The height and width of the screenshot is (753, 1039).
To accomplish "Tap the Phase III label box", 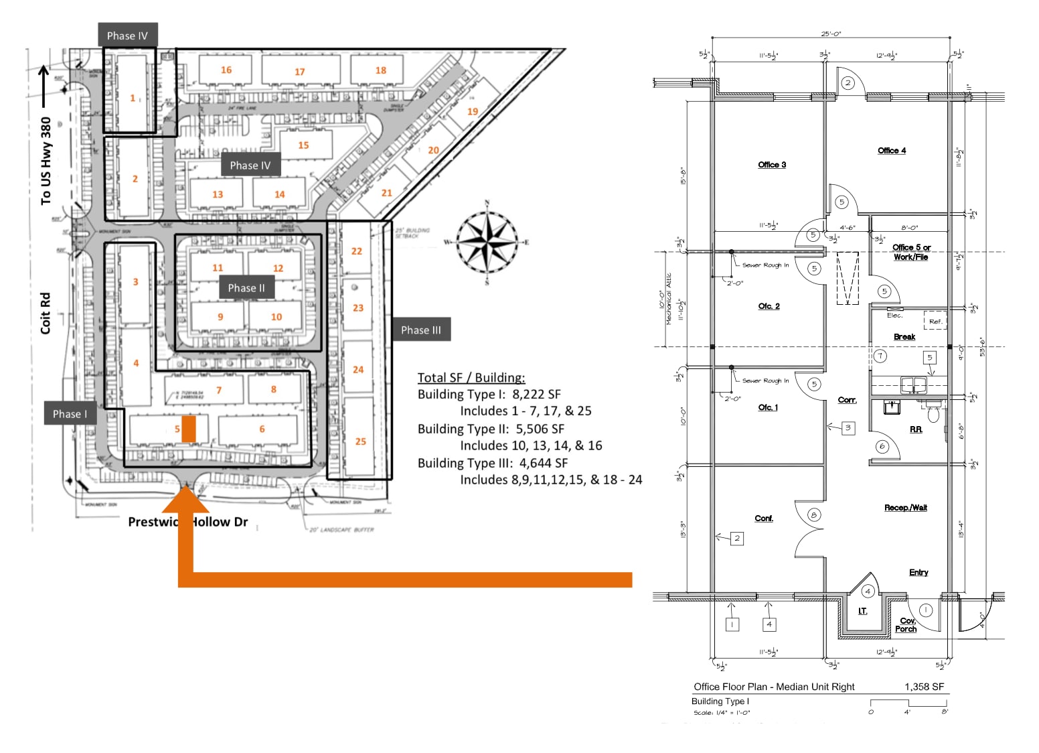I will pyautogui.click(x=420, y=330).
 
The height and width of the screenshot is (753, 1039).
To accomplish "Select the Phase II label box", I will pyautogui.click(x=246, y=288).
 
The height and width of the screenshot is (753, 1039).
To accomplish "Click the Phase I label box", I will pyautogui.click(x=70, y=414).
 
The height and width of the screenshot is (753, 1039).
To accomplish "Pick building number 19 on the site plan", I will pyautogui.click(x=473, y=111).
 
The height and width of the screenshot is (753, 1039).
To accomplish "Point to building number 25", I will pyautogui.click(x=361, y=441).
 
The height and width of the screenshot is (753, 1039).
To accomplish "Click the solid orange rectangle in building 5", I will pyautogui.click(x=189, y=429).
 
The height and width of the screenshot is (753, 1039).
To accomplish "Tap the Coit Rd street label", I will pyautogui.click(x=46, y=314).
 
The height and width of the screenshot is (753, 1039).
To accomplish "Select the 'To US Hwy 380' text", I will pyautogui.click(x=46, y=161).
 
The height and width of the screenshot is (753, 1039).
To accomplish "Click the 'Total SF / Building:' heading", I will pyautogui.click(x=471, y=378).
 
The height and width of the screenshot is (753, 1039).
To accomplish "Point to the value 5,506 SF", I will pyautogui.click(x=540, y=429).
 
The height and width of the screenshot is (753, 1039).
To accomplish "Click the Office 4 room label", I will pyautogui.click(x=892, y=151).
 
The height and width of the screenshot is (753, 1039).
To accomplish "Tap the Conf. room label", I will pyautogui.click(x=764, y=519).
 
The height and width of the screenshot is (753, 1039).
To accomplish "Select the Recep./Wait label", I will pyautogui.click(x=905, y=508).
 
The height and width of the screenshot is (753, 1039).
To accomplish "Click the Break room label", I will pyautogui.click(x=904, y=337).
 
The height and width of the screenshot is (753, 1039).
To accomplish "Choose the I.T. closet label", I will pyautogui.click(x=863, y=611).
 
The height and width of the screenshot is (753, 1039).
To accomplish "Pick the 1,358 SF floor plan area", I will pyautogui.click(x=924, y=687).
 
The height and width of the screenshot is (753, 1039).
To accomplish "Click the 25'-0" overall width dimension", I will pyautogui.click(x=831, y=33).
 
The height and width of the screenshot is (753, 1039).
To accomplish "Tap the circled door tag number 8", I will pyautogui.click(x=814, y=515).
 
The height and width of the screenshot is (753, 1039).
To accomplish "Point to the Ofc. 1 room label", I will pyautogui.click(x=768, y=407).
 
